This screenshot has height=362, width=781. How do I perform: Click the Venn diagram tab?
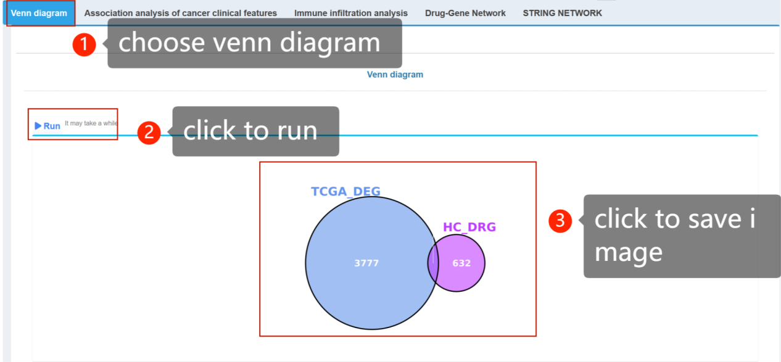pos(39,13)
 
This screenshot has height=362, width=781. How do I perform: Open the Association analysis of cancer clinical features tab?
pos(181,13)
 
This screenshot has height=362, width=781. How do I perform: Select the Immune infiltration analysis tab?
pos(351,13)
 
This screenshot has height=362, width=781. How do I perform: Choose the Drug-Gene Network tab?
pos(465,13)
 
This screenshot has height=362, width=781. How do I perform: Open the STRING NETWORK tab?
pos(562,13)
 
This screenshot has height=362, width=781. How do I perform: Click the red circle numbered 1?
pos(84,44)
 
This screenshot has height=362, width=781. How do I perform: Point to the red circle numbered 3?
pos(560,221)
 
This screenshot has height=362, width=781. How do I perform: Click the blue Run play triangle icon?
pos(38,126)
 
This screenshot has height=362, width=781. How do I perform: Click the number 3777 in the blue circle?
pos(366,263)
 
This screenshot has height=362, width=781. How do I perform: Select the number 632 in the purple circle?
pos(461,263)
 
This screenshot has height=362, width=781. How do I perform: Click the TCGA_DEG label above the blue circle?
pos(345,191)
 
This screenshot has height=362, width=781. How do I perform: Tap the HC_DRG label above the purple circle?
pos(469,227)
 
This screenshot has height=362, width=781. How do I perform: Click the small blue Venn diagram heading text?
pos(395,75)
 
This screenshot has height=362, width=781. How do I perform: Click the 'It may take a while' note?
pos(91,123)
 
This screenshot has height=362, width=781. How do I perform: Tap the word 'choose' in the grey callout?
pos(162,43)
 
